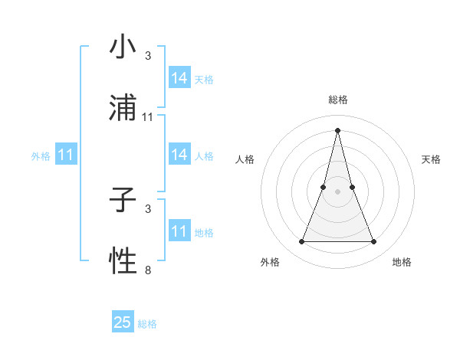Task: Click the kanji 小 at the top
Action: click(x=123, y=47)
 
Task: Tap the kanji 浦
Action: click(x=123, y=108)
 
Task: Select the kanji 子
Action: click(x=123, y=201)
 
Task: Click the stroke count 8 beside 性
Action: click(x=148, y=270)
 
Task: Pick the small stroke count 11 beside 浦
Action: click(x=148, y=117)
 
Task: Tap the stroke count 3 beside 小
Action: click(x=148, y=56)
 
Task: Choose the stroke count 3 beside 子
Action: click(x=148, y=208)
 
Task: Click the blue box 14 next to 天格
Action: click(x=179, y=78)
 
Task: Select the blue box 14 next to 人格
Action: click(x=179, y=155)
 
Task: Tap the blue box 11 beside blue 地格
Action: click(x=179, y=231)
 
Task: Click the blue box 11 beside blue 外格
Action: click(x=66, y=155)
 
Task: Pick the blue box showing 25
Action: click(x=123, y=322)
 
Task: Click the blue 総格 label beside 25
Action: click(x=147, y=324)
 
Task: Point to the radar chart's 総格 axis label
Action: click(x=337, y=100)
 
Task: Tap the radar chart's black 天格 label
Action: click(x=431, y=159)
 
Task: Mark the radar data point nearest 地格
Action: click(x=374, y=242)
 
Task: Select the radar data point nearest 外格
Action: click(x=301, y=242)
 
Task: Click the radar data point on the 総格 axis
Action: click(x=337, y=129)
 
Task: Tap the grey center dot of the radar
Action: click(x=337, y=191)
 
